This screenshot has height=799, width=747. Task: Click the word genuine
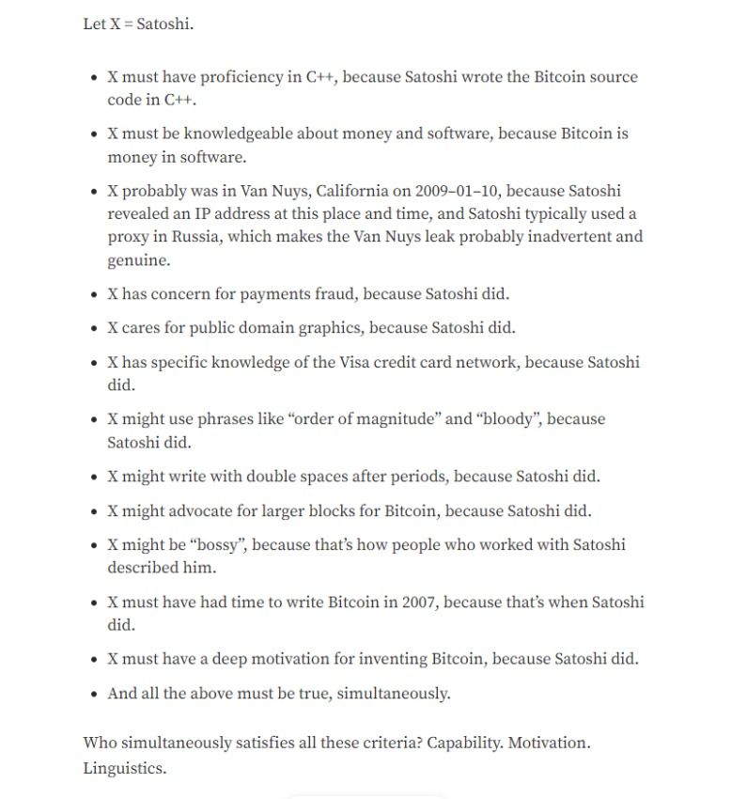[138, 260]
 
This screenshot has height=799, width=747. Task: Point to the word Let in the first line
[94, 24]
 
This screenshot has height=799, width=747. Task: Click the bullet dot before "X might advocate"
[94, 512]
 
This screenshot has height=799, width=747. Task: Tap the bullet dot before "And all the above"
[94, 695]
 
